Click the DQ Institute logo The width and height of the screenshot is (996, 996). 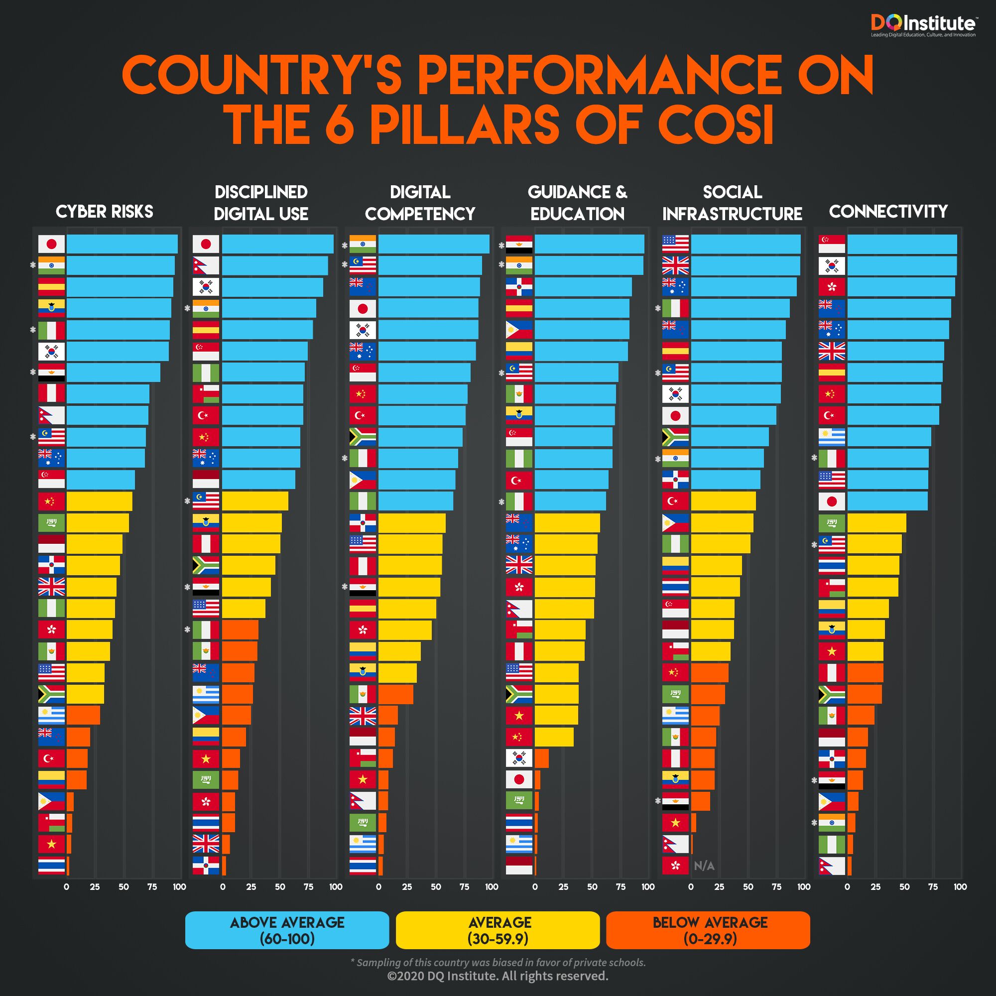point(922,25)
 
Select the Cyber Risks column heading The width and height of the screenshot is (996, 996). point(104,211)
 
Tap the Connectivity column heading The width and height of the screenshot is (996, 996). point(888,211)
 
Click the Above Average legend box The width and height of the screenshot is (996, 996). point(287,930)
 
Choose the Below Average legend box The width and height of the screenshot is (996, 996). point(708,930)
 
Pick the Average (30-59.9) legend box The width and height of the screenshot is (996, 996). point(498,930)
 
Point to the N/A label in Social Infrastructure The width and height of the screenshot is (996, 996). point(704,866)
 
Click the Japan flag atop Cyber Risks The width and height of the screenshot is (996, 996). point(52,244)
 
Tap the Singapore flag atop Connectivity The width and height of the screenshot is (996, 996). point(832,244)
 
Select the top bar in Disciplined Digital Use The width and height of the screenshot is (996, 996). point(277,244)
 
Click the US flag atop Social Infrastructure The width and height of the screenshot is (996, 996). point(675,244)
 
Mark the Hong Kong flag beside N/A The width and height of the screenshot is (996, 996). point(675,866)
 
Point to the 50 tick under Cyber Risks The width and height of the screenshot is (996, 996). point(124,887)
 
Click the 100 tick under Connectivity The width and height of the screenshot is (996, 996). point(960,887)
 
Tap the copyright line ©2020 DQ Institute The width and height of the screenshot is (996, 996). point(498,976)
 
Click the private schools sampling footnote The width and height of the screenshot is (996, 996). point(498,962)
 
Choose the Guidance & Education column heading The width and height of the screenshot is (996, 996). point(577,203)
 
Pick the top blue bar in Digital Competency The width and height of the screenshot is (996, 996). point(434,244)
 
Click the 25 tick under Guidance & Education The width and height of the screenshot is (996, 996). point(563,887)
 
